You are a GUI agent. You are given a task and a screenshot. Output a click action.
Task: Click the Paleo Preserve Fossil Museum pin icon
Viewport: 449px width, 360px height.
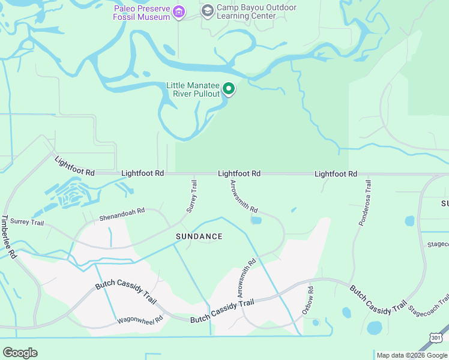coord(178,12)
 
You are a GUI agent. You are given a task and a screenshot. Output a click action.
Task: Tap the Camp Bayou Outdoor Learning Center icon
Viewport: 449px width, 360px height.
coord(208,10)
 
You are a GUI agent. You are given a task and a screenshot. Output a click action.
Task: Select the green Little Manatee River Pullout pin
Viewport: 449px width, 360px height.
coord(229,89)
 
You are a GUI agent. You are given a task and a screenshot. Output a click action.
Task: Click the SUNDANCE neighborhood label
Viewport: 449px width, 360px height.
coord(199,236)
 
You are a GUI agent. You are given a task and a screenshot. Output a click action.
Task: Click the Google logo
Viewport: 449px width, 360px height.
coord(20,353)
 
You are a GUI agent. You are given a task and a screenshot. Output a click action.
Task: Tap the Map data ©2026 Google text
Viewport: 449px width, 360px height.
coord(412,355)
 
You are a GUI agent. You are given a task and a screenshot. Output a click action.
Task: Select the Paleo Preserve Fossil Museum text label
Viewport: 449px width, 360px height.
coord(142,13)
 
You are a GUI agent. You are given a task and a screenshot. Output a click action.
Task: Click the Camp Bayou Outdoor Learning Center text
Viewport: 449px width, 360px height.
coord(256,12)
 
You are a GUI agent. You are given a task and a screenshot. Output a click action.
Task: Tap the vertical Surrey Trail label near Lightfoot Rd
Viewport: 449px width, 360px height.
coord(192,196)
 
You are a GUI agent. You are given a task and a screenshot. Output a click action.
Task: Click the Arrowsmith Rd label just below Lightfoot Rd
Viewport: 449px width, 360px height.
coord(244,197)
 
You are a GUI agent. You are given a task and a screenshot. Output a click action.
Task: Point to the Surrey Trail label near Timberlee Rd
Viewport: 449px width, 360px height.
coord(27,222)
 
